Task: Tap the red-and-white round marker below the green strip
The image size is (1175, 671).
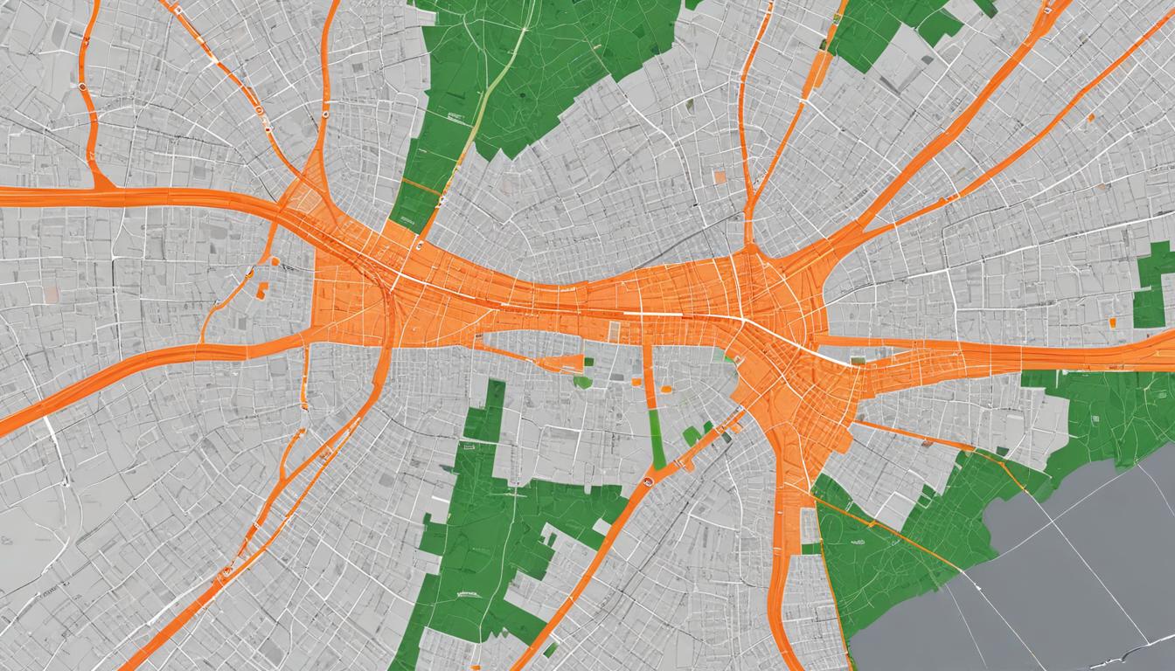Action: pos(648,481)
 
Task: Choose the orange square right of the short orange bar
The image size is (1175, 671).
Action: pos(666,390)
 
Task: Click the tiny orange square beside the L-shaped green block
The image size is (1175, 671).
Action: pos(1113,323)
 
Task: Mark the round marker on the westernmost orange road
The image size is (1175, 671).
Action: pos(81,87)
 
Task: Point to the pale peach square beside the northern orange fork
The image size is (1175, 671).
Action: pos(719,176)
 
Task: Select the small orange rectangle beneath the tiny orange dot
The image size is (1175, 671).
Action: pos(261,290)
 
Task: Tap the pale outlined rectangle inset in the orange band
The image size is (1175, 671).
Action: pos(614,332)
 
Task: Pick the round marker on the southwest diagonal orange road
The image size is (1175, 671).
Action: pos(226,573)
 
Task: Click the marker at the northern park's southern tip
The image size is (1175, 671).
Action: pos(418,246)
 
